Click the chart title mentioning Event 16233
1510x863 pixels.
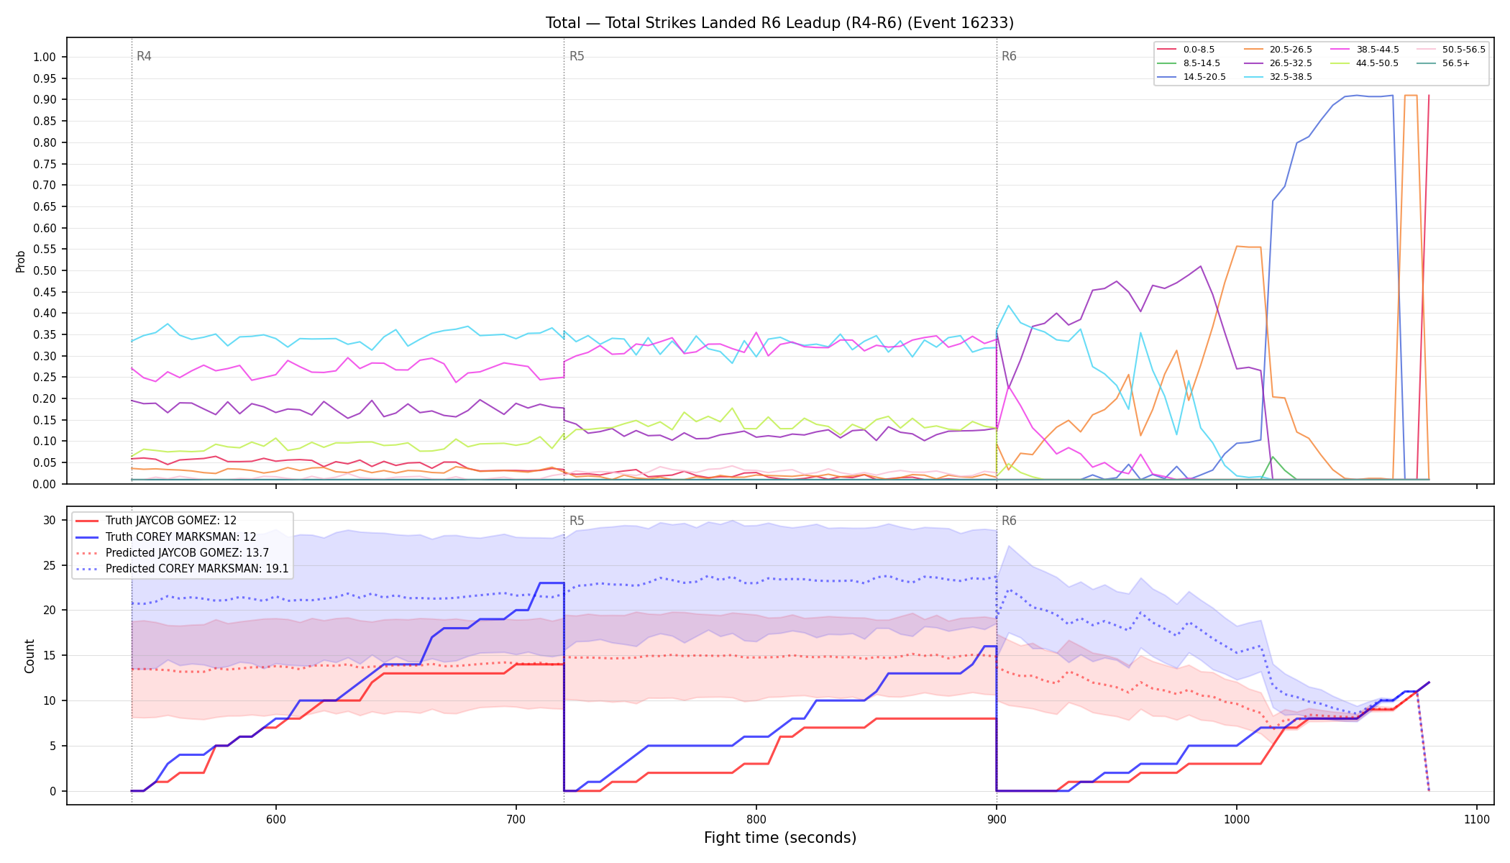pyautogui.click(x=779, y=23)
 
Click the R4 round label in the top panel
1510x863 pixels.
pyautogui.click(x=144, y=56)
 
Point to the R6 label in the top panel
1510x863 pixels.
pyautogui.click(x=1009, y=56)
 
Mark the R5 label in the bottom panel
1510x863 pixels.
pyautogui.click(x=577, y=521)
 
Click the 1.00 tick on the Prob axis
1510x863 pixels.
pyautogui.click(x=45, y=58)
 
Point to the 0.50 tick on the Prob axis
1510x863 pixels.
pyautogui.click(x=45, y=271)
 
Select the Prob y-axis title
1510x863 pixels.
pyautogui.click(x=20, y=261)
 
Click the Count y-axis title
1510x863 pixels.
pyautogui.click(x=29, y=656)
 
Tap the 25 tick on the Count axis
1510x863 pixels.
pyautogui.click(x=50, y=566)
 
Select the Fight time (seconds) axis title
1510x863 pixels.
pyautogui.click(x=780, y=838)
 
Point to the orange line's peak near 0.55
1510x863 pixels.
pyautogui.click(x=1237, y=246)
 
